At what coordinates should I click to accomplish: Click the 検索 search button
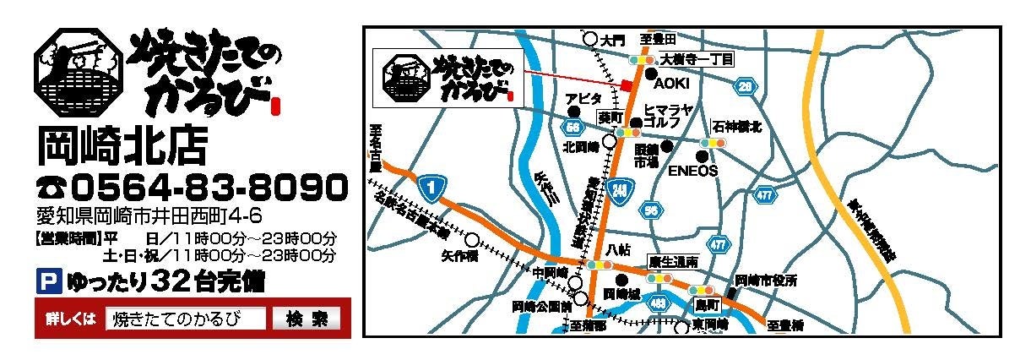click(x=307, y=319)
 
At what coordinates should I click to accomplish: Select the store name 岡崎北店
click(x=122, y=146)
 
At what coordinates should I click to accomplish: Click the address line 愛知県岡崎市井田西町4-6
click(x=149, y=215)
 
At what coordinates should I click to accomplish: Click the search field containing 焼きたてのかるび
click(x=186, y=319)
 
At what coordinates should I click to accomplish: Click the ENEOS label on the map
click(x=692, y=170)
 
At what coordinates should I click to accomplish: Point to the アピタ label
click(x=584, y=99)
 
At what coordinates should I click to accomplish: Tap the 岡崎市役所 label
click(x=766, y=280)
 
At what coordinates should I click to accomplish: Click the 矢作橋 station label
click(x=459, y=253)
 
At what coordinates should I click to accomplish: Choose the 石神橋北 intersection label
click(x=737, y=127)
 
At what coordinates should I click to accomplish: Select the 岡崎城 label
click(x=621, y=294)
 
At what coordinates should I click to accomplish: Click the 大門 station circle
click(x=590, y=39)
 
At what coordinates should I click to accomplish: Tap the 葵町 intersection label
click(x=610, y=117)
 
